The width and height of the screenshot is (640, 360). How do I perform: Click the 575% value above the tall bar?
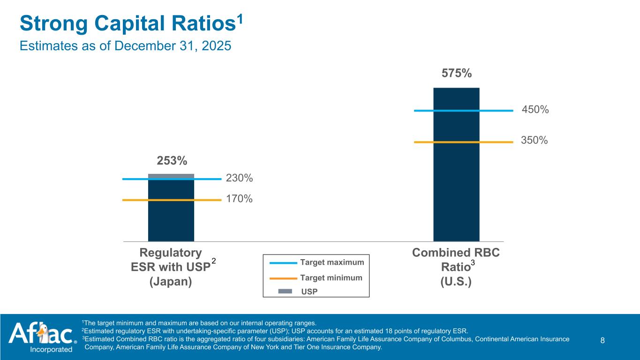[x=456, y=74]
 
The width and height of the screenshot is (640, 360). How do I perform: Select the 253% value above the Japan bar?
[x=172, y=161]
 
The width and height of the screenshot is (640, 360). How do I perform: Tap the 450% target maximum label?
[x=535, y=110]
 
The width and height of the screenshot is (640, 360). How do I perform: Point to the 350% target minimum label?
[x=535, y=140]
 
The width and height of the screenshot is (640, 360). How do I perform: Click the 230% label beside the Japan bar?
[x=239, y=178]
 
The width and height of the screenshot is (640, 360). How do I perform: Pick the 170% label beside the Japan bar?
[x=239, y=199]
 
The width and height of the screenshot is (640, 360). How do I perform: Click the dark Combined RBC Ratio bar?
[x=456, y=187]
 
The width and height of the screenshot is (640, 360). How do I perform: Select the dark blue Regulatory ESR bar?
[x=171, y=220]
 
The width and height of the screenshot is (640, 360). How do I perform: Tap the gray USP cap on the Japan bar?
[x=171, y=176]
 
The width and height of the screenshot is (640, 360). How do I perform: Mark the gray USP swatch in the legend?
[x=285, y=291]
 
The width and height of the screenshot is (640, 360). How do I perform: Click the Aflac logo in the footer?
[x=42, y=333]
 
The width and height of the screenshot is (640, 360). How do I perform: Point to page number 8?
[x=602, y=340]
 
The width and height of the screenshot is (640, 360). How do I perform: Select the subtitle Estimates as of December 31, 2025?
[x=125, y=46]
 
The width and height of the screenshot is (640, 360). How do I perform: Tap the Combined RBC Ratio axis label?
[x=456, y=260]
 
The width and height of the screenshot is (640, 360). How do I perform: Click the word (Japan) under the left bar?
[x=171, y=282]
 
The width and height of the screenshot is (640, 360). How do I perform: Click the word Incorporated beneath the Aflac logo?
[x=51, y=349]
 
